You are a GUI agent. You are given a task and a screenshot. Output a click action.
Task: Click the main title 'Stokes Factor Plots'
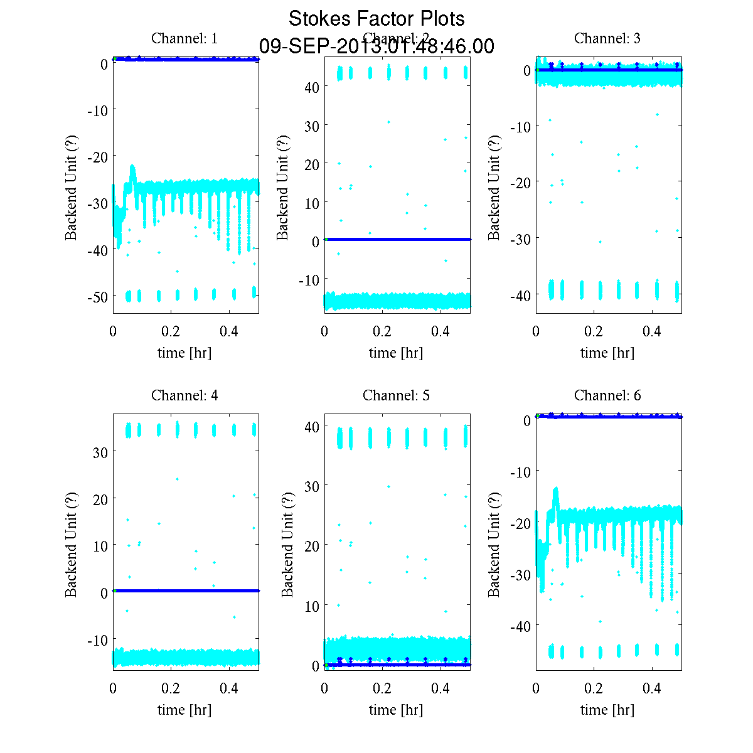376,19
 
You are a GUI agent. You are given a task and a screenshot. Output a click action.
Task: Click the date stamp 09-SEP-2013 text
376,46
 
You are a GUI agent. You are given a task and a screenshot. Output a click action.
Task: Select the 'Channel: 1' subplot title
184,38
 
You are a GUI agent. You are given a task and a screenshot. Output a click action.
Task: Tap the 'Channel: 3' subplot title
607,38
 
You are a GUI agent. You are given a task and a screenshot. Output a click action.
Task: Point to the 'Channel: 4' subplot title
184,395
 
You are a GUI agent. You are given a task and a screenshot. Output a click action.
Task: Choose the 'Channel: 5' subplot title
396,395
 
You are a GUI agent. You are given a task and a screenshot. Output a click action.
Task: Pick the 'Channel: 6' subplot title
607,395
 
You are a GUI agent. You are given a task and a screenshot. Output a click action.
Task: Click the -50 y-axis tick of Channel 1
97,296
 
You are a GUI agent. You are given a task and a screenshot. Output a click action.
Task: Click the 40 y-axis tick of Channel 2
312,87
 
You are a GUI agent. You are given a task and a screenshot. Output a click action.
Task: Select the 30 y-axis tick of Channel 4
100,452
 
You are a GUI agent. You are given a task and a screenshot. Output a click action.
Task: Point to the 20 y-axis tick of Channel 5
312,546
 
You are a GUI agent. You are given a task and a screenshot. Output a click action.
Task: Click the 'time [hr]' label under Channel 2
396,353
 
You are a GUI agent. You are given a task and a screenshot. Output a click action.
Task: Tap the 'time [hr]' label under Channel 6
607,710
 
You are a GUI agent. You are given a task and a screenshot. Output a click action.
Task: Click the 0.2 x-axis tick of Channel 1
171,331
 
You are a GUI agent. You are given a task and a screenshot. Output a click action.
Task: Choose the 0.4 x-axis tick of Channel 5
441,688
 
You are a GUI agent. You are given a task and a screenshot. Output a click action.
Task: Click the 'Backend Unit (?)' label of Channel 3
494,187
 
